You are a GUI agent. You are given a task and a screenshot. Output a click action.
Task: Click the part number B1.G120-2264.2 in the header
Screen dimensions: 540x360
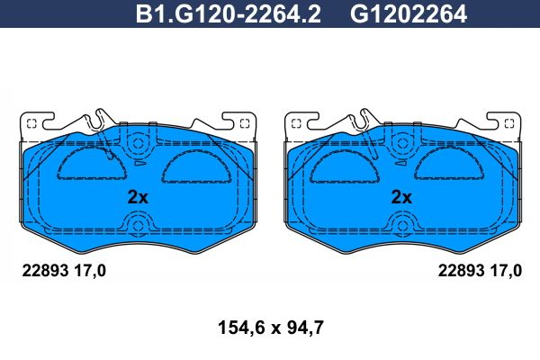(x=229, y=14)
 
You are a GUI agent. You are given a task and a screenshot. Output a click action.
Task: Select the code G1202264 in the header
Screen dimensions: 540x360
(x=409, y=14)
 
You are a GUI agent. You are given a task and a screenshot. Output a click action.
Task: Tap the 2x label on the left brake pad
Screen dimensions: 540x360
(x=138, y=197)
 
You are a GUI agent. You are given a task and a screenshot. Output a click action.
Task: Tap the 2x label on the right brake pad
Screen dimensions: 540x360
(x=401, y=197)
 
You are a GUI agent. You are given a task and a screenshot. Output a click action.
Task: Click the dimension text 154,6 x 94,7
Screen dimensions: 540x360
(x=271, y=328)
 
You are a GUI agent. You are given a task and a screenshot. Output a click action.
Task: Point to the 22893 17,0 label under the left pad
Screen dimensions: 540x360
(x=64, y=271)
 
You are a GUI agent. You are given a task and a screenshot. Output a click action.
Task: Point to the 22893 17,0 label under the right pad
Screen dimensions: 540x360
(x=480, y=271)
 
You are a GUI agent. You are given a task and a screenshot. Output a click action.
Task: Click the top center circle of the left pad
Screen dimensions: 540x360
(x=138, y=143)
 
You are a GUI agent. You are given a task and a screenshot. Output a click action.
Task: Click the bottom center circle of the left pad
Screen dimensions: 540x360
(x=138, y=226)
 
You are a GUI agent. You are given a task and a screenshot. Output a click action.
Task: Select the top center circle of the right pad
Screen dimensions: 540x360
(x=402, y=143)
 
